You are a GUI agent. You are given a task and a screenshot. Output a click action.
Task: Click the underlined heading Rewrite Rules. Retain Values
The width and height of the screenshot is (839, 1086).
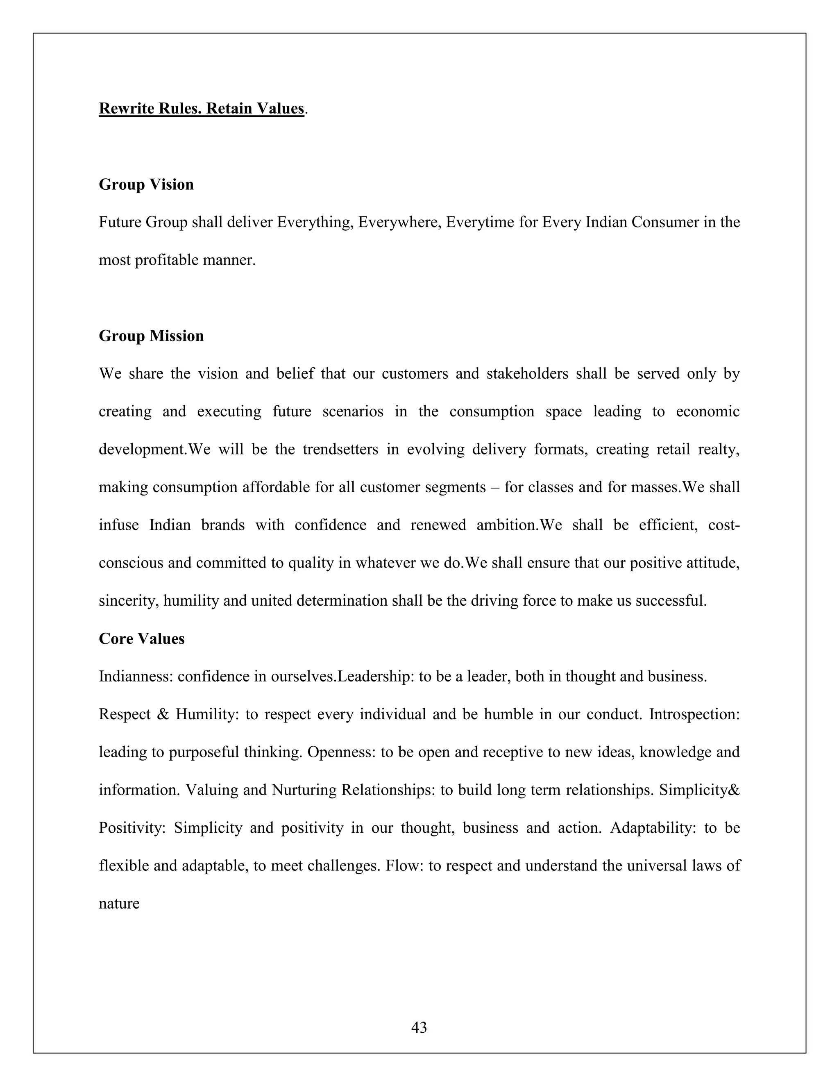(x=201, y=109)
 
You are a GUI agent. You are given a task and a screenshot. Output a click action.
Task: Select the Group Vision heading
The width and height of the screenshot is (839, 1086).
(x=146, y=184)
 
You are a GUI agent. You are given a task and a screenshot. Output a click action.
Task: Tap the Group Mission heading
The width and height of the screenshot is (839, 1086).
(x=151, y=336)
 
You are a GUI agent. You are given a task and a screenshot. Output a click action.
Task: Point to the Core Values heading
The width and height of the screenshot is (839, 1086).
(x=142, y=638)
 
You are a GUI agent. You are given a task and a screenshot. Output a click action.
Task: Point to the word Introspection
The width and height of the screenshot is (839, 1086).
(x=694, y=714)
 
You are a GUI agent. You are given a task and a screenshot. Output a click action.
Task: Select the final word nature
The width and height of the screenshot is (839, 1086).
(x=119, y=904)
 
